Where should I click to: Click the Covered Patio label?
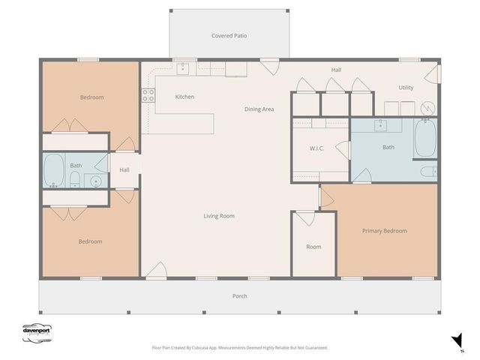pyautogui.click(x=229, y=35)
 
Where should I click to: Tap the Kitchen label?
pyautogui.click(x=184, y=97)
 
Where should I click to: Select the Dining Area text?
pyautogui.click(x=259, y=109)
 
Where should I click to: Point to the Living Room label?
pyautogui.click(x=219, y=216)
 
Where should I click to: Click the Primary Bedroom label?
pyautogui.click(x=384, y=231)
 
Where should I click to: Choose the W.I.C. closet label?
pyautogui.click(x=316, y=148)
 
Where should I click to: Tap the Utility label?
pyautogui.click(x=406, y=88)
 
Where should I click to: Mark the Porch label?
pyautogui.click(x=239, y=296)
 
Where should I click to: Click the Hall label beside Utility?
pyautogui.click(x=336, y=70)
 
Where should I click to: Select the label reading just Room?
pyautogui.click(x=313, y=247)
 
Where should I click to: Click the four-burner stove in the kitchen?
pyautogui.click(x=148, y=95)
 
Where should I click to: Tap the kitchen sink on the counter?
pyautogui.click(x=182, y=69)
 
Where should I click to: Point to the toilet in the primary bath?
pyautogui.click(x=430, y=172)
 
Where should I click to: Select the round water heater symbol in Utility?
pyautogui.click(x=427, y=108)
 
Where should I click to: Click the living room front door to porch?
pyautogui.click(x=155, y=271)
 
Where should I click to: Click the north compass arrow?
pyautogui.click(x=453, y=340)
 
